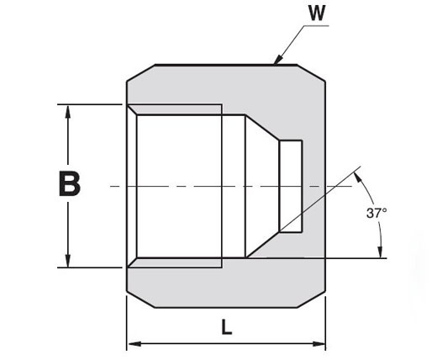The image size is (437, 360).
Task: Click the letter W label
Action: coord(317,13)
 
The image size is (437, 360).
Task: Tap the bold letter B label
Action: coord(70,183)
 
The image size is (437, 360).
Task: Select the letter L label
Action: coord(227,327)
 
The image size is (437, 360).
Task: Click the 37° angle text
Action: coord(376,213)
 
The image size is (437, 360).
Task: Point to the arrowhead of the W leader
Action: coord(277,60)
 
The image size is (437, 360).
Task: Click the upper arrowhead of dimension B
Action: coord(67,112)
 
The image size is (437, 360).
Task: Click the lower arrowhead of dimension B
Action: coord(67,261)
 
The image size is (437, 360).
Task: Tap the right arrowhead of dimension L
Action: coord(319,343)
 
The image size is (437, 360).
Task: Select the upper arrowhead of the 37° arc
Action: coord(357,177)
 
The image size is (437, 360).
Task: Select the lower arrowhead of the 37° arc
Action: coord(380,251)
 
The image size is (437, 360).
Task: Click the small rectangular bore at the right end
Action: coord(291,186)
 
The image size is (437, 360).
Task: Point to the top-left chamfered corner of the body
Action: coord(140,73)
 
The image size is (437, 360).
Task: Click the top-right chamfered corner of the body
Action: coord(311,73)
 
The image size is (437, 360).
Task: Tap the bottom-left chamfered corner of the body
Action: coord(140,299)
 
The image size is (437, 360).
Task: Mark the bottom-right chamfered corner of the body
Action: coord(311,299)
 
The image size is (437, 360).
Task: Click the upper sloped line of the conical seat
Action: coord(262,127)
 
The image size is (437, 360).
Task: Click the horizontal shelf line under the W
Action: coord(316,26)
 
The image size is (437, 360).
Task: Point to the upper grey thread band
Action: coord(175,109)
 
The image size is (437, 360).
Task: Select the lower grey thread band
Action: coord(175,262)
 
